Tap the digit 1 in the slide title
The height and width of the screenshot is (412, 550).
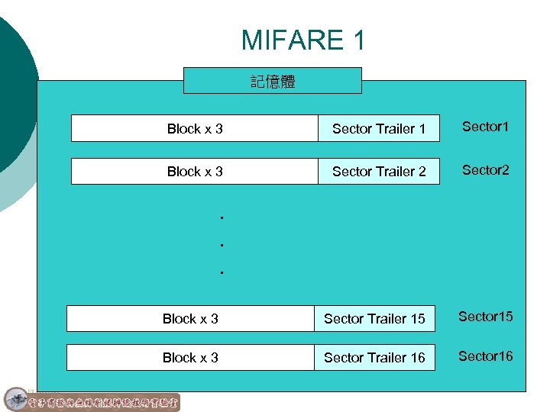[358, 40]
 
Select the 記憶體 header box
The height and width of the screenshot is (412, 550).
[273, 80]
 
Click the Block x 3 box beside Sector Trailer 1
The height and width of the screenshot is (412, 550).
[195, 128]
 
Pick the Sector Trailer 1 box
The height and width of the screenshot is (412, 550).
[379, 128]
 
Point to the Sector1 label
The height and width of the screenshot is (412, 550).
[484, 127]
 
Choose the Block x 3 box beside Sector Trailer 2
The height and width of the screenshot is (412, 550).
[195, 171]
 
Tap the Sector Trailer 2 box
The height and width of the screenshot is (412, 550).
[379, 171]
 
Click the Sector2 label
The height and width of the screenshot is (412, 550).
[484, 169]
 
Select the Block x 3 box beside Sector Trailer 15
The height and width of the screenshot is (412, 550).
[190, 318]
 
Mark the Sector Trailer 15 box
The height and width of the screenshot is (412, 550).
[374, 318]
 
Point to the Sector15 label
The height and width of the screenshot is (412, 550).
[485, 317]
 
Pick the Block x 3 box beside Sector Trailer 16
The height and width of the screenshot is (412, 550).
[190, 357]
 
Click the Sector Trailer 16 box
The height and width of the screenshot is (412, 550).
[374, 357]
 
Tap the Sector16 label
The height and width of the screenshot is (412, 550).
[485, 356]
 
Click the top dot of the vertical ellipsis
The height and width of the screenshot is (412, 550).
[220, 218]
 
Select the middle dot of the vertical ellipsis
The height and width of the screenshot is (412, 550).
[220, 245]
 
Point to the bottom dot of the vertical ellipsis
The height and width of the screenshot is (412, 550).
[220, 272]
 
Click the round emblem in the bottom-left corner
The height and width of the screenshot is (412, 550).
[15, 399]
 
